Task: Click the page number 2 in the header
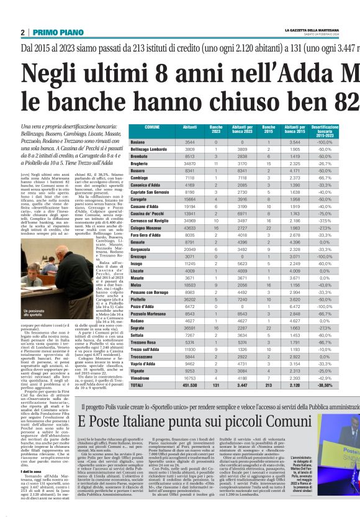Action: tap(22, 32)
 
